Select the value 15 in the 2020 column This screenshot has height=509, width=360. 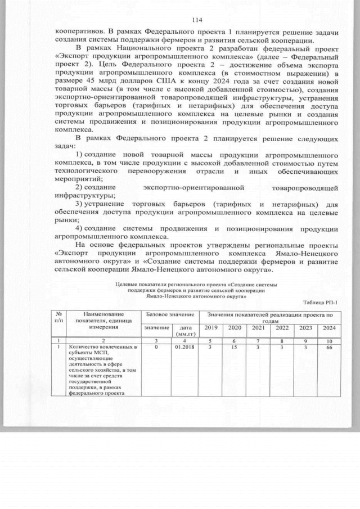pos(235,348)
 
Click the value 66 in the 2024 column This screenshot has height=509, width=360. pos(329,348)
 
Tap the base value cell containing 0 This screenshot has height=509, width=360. pos(156,348)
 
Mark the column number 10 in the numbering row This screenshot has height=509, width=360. pos(329,340)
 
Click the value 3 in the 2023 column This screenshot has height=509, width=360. pos(305,348)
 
